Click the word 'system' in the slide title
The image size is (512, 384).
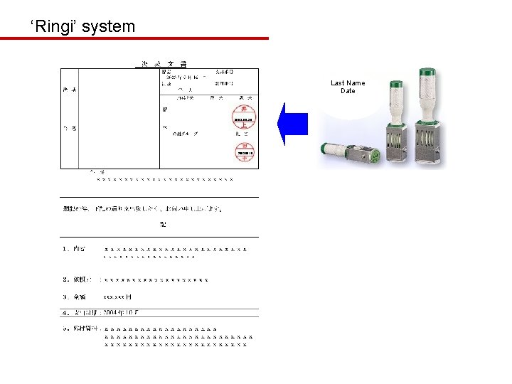click(108, 27)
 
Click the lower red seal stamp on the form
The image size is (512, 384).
click(245, 151)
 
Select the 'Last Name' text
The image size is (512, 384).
click(348, 83)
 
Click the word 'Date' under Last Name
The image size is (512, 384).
click(348, 91)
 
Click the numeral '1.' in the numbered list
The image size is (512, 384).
click(65, 249)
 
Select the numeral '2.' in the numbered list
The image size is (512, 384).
click(65, 279)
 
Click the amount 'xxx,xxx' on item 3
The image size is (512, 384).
click(114, 297)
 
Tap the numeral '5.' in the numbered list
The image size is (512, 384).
click(65, 329)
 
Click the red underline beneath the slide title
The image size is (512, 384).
click(134, 38)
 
